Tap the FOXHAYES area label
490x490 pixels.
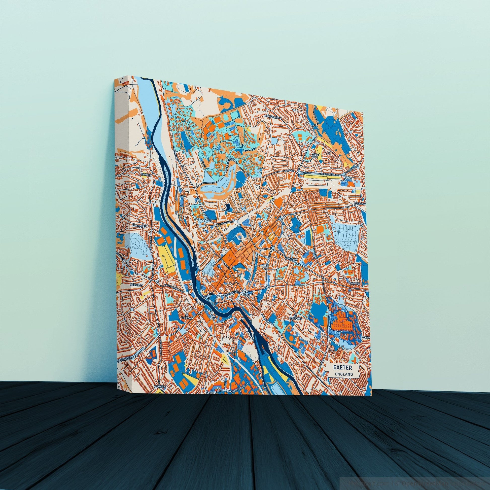point(138,225)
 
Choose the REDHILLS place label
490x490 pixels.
point(137,285)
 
